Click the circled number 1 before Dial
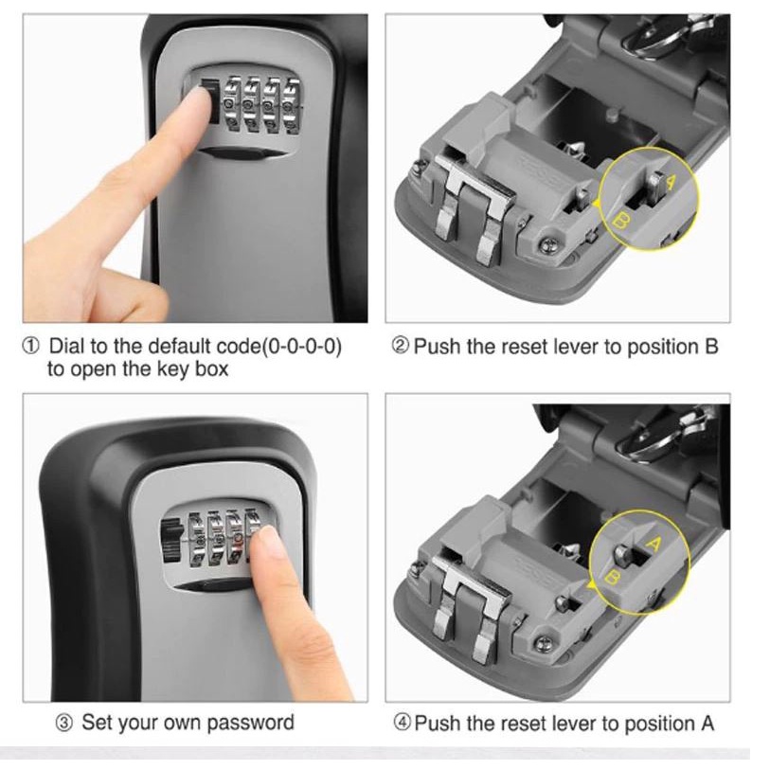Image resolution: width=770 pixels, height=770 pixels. tap(30, 347)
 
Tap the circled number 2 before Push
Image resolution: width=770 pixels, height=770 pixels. tap(401, 346)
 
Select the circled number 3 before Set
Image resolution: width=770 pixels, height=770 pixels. tap(64, 723)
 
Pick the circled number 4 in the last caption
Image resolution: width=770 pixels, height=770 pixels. tap(403, 723)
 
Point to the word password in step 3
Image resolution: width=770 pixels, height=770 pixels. tap(250, 723)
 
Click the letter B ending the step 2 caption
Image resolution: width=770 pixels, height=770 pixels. tap(711, 347)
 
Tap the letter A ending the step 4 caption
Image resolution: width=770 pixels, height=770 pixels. tap(707, 724)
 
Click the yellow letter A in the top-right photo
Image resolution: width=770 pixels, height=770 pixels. tap(670, 183)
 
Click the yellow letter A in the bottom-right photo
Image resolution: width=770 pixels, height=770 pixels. tap(654, 544)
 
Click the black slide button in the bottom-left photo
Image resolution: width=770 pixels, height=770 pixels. tap(170, 541)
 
